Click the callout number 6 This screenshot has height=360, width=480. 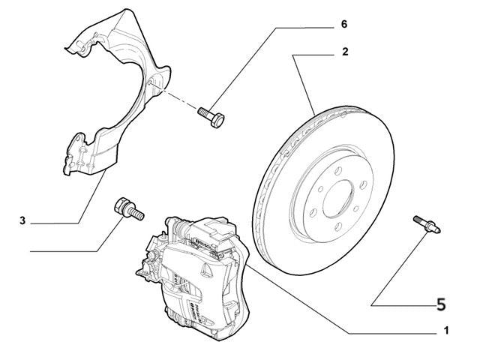(x=344, y=25)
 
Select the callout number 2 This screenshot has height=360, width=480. (x=344, y=52)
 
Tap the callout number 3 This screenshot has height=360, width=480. (x=22, y=220)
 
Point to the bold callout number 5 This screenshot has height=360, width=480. (x=440, y=304)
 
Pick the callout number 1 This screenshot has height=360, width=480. (x=446, y=330)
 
